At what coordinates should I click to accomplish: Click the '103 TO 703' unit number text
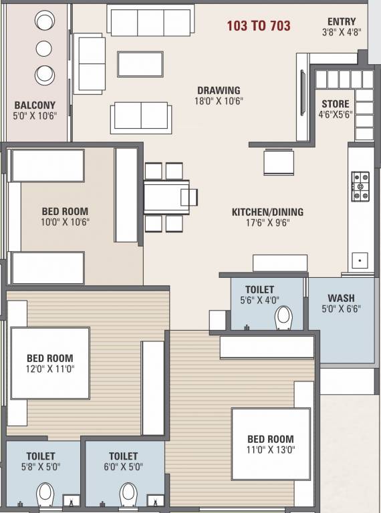point(259,26)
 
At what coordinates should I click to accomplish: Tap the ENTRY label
point(342,22)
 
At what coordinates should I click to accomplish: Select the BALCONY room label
point(35,105)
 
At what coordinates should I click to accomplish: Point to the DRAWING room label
point(219,91)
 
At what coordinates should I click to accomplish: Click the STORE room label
point(335,104)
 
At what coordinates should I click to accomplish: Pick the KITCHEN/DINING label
point(267,212)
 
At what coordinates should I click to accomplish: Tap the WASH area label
point(341,298)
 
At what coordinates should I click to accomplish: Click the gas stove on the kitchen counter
point(361,186)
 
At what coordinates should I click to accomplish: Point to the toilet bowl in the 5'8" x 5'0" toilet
point(45,495)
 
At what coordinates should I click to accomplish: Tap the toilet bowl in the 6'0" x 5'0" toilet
point(128,495)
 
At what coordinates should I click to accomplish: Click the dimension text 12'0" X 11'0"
point(50,369)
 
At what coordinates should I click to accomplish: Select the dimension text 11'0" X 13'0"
point(270,450)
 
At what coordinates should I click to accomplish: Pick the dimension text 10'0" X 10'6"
point(66,222)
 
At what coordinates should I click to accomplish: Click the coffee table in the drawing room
point(140,63)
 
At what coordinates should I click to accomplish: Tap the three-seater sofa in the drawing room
point(150,22)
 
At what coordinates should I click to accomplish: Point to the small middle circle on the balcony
point(44,48)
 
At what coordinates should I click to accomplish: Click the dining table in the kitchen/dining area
point(166,197)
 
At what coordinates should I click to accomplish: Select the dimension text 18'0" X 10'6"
point(219,102)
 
